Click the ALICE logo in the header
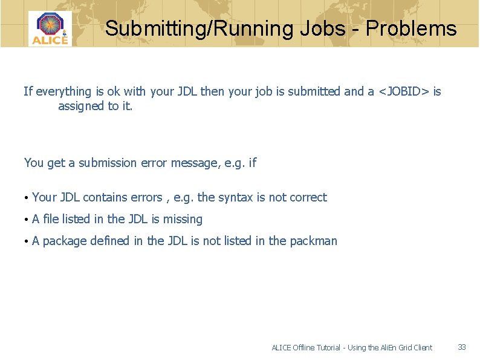click(x=50, y=28)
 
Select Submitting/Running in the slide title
click(x=199, y=28)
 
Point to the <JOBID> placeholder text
click(x=404, y=91)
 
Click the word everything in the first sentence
click(x=63, y=91)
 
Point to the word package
click(x=65, y=241)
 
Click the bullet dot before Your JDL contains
click(x=27, y=198)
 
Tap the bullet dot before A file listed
click(x=27, y=220)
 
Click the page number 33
click(x=462, y=347)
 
